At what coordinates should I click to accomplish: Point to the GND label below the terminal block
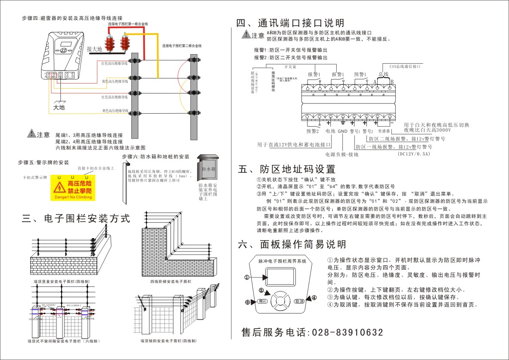pos(342,131)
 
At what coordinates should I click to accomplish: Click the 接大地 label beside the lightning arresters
pos(94,49)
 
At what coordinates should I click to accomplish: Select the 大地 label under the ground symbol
pos(59,107)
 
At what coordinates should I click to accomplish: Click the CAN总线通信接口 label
pos(404,67)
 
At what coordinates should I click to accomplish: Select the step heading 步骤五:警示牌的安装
pos(43,162)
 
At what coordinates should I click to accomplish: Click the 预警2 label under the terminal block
pos(313,131)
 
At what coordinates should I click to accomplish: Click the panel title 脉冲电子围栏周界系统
pos(282,261)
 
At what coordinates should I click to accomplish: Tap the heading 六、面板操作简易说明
pos(292,245)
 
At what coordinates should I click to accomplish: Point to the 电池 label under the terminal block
pos(330,131)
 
